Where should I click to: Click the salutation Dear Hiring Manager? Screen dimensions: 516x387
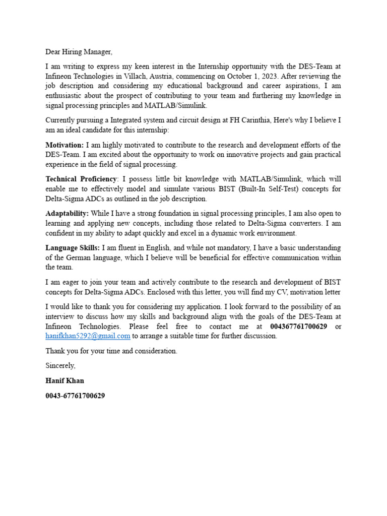[79, 52]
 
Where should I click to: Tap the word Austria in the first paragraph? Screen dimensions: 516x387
[174, 77]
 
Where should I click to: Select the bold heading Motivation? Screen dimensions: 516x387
[64, 145]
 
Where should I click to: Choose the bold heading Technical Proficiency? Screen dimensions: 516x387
[81, 179]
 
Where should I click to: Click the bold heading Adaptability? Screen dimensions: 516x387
[67, 214]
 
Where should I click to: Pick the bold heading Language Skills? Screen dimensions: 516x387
[73, 248]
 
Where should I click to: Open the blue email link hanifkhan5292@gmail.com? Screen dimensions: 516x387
[88, 336]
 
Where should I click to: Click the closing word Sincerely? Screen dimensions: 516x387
[60, 366]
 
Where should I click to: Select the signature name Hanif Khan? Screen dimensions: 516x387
[65, 381]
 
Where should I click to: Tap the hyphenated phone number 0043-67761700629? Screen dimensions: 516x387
[75, 396]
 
